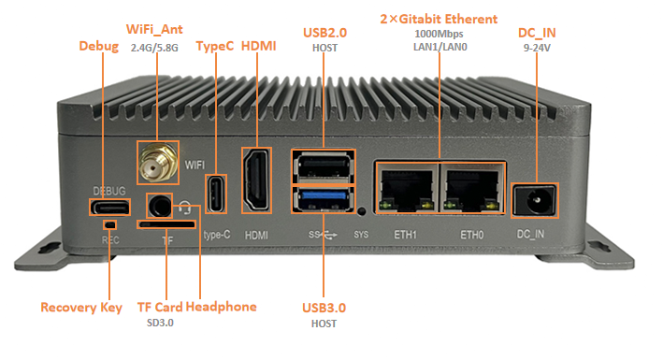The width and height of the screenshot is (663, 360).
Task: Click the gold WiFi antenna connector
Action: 158,163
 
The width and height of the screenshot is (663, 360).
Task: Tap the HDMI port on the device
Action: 256,180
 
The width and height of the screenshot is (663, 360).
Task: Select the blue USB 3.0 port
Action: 324,199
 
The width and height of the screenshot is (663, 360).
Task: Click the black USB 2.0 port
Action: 324,167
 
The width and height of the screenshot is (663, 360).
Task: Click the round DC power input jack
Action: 535,201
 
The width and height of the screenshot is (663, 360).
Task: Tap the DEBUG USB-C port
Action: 109,208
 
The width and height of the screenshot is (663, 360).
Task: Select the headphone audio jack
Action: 159,207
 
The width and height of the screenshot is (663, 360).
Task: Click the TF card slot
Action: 166,224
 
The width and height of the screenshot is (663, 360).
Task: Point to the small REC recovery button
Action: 110,224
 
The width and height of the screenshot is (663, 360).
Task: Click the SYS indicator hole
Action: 362,211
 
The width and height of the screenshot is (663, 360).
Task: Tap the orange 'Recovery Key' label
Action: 81,308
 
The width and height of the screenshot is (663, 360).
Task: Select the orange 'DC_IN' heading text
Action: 537,33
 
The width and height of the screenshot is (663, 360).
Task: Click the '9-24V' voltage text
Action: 537,48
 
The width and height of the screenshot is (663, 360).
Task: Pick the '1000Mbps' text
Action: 439,34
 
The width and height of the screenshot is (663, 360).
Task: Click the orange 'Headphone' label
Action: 221,307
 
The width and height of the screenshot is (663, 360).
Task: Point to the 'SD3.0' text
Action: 160,323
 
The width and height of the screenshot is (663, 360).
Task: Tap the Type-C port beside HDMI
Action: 216,194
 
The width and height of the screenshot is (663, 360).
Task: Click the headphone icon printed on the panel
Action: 184,208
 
